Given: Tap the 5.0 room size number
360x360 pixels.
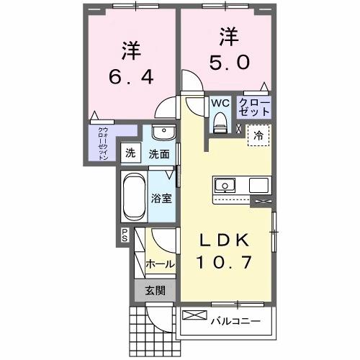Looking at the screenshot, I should click(x=231, y=63).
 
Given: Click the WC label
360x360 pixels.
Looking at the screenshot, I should click(x=220, y=102).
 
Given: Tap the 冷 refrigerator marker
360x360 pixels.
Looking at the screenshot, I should click(x=257, y=134).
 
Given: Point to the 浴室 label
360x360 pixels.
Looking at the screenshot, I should click(x=161, y=198).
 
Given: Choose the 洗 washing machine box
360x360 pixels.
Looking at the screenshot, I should click(x=130, y=153).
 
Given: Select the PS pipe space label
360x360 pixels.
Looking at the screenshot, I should click(x=124, y=234).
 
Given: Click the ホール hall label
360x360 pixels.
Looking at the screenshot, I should click(x=160, y=264).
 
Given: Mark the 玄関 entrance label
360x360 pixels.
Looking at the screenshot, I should click(x=156, y=291).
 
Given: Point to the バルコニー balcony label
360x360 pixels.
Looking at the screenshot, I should click(x=235, y=317).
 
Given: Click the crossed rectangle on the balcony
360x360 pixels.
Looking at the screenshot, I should click(x=194, y=315).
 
